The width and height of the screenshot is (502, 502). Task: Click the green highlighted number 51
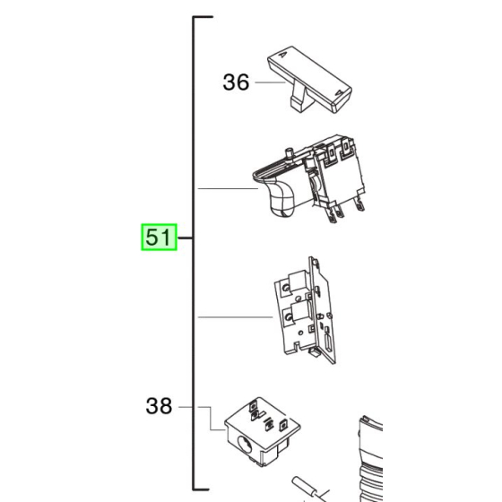[158, 238]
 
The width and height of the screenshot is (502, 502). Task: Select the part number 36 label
[236, 82]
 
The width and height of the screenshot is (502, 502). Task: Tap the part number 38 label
[159, 406]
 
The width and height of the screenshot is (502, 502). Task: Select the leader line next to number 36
[269, 82]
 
